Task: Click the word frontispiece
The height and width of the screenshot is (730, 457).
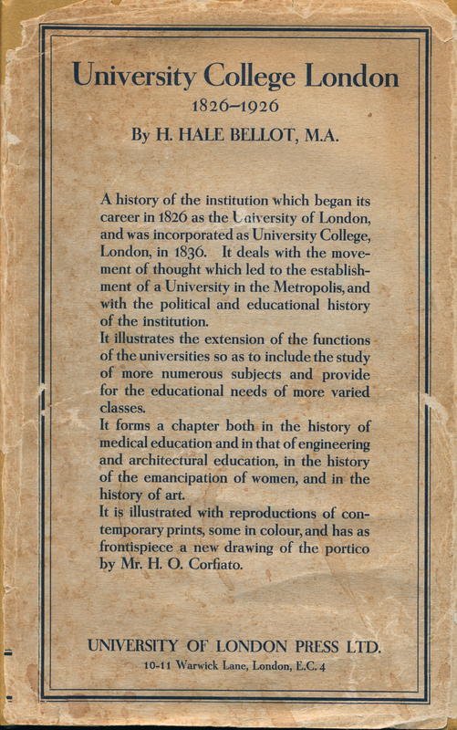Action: pos(140,547)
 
